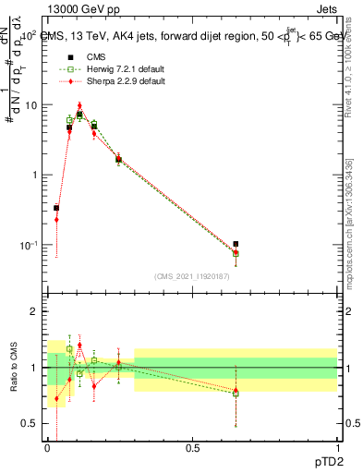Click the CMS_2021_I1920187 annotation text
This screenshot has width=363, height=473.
click(191, 276)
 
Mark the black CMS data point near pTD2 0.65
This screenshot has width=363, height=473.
click(236, 244)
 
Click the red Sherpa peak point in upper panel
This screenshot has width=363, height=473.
click(79, 106)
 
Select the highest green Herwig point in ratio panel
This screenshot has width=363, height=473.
click(69, 349)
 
